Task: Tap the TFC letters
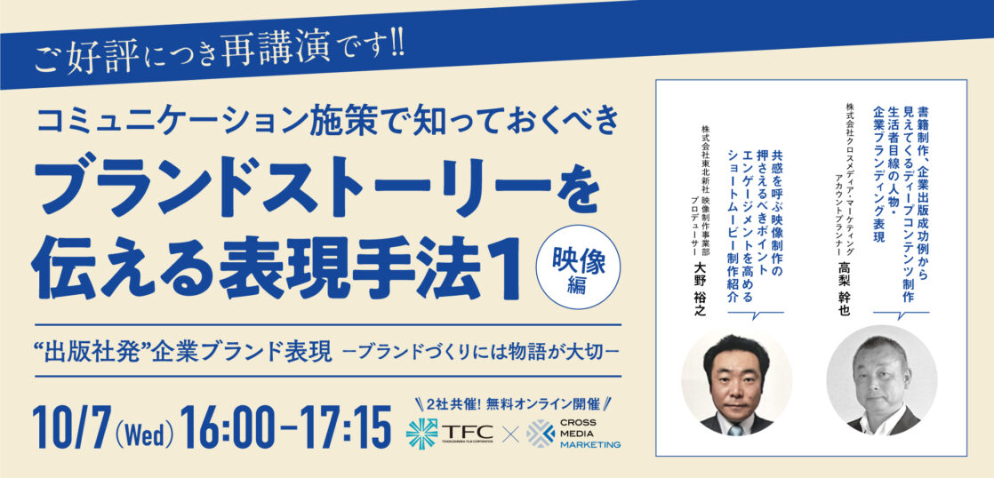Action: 466,431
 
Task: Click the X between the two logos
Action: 509,434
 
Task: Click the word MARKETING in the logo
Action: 590,445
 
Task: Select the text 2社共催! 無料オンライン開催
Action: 514,402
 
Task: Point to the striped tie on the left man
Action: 736,430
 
